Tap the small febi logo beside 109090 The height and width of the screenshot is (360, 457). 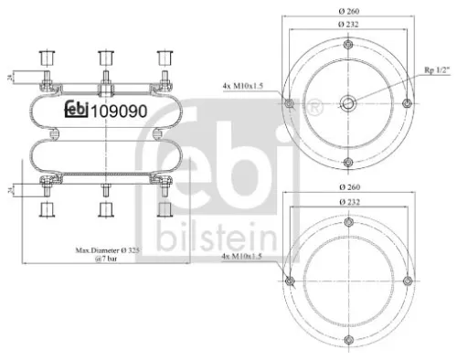pyautogui.click(x=76, y=109)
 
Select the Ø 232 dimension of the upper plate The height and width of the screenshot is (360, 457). pyautogui.click(x=349, y=23)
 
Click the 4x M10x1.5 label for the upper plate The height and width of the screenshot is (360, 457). pyautogui.click(x=244, y=86)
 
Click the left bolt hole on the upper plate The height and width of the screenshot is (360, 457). pyautogui.click(x=288, y=101)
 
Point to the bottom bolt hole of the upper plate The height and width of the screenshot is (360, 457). pyautogui.click(x=349, y=163)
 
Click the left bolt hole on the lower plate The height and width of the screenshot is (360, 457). pyautogui.click(x=288, y=279)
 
